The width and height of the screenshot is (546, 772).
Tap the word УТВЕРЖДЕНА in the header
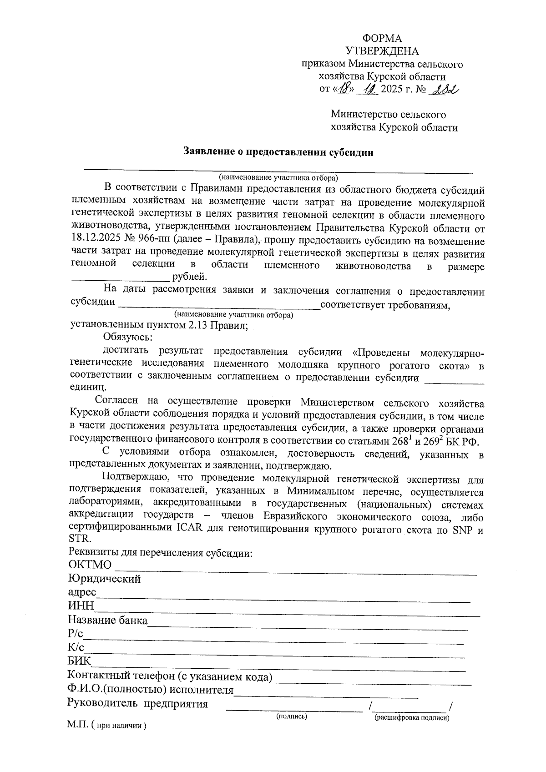coord(382,51)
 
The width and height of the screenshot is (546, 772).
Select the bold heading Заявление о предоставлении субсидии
coord(278,152)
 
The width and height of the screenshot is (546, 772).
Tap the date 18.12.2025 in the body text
coord(94,239)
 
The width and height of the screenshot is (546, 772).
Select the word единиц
coord(88,387)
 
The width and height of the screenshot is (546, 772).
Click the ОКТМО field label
coord(90,565)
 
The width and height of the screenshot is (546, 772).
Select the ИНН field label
coord(81,605)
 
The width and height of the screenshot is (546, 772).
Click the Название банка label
coord(108,620)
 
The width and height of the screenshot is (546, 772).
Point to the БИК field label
coord(79,661)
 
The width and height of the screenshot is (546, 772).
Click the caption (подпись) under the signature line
coord(292,716)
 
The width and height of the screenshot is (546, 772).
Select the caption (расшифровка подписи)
coord(412,718)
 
